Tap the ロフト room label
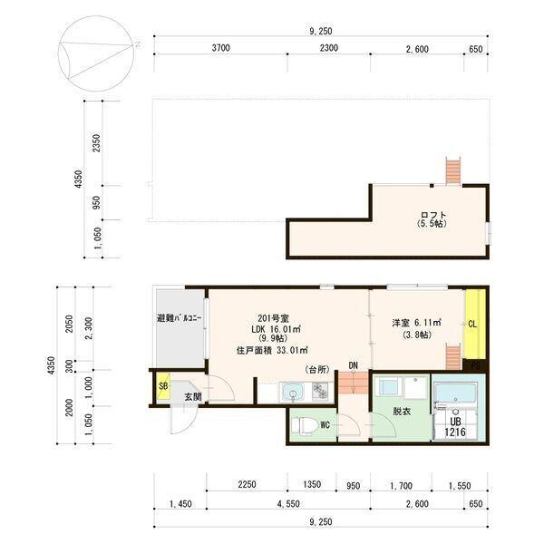[x=432, y=216]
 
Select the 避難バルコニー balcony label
[x=179, y=319]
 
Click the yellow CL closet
[x=472, y=324]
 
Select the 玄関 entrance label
[x=193, y=396]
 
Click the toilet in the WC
[x=305, y=423]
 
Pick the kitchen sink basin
[x=292, y=392]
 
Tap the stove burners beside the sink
[x=319, y=392]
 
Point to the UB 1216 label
[x=454, y=426]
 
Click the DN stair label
[x=353, y=365]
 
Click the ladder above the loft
[x=453, y=170]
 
